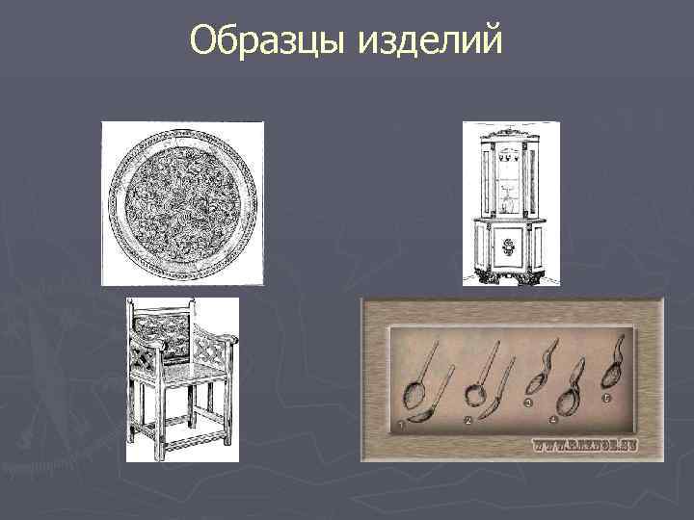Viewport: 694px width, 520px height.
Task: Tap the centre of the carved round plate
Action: (182, 202)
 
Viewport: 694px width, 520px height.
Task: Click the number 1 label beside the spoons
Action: (400, 424)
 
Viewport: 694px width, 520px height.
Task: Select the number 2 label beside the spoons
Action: (467, 421)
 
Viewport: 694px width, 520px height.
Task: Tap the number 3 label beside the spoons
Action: (528, 403)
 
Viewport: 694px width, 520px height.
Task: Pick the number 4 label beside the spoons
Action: (553, 420)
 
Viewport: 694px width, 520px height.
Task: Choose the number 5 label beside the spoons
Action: (606, 396)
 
